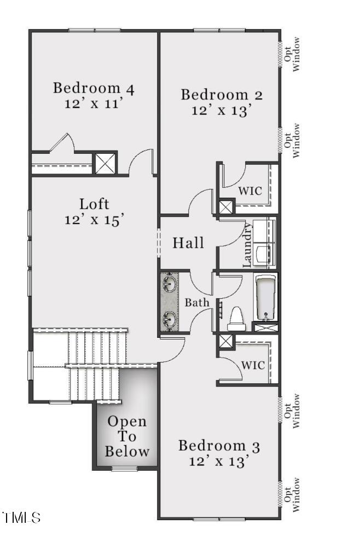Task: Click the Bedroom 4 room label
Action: (x=93, y=88)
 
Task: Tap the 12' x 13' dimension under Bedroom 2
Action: (x=220, y=111)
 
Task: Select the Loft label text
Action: (x=94, y=204)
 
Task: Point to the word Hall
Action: (x=188, y=243)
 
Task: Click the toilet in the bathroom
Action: (x=236, y=319)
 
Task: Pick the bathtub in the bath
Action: (x=266, y=298)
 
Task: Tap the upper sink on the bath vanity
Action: (x=169, y=284)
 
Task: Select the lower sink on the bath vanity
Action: (x=169, y=319)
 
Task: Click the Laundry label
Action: (x=247, y=245)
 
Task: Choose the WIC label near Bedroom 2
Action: (x=250, y=191)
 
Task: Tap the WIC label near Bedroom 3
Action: (x=253, y=365)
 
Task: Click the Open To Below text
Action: (x=127, y=436)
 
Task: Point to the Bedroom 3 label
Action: (x=219, y=446)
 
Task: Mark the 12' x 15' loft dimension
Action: (x=94, y=220)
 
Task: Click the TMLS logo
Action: (x=21, y=517)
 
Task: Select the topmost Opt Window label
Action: (x=292, y=54)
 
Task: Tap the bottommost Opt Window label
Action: (x=292, y=495)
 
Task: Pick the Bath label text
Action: (x=197, y=303)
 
